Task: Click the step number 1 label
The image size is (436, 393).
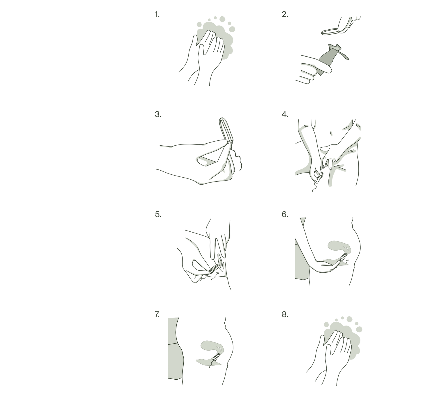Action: [x=157, y=15]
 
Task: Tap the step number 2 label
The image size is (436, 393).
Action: [x=285, y=15]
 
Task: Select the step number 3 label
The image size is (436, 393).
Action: [x=158, y=114]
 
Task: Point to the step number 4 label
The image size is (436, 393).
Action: [x=285, y=114]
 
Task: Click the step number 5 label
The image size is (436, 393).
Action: [x=158, y=215]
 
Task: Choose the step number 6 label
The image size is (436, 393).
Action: [x=285, y=215]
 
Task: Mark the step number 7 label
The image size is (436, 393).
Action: [x=157, y=315]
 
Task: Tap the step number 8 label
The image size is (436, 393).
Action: [x=285, y=315]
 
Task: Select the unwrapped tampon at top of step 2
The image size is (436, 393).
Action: [x=330, y=32]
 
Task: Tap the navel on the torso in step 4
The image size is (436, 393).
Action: [x=331, y=133]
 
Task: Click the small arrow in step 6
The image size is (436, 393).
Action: [x=347, y=262]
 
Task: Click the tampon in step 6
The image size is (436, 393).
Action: [x=343, y=257]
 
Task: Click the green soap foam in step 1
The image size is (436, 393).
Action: [x=217, y=39]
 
